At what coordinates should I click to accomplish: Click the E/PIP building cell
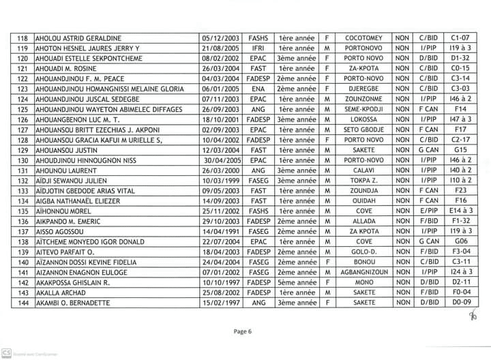[428, 211]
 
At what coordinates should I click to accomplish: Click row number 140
[22, 262]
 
